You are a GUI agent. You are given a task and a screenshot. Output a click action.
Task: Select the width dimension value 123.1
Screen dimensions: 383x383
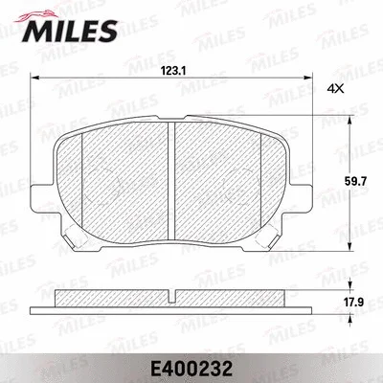point(171,70)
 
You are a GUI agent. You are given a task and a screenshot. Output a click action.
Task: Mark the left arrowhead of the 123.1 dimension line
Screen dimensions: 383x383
point(36,79)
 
